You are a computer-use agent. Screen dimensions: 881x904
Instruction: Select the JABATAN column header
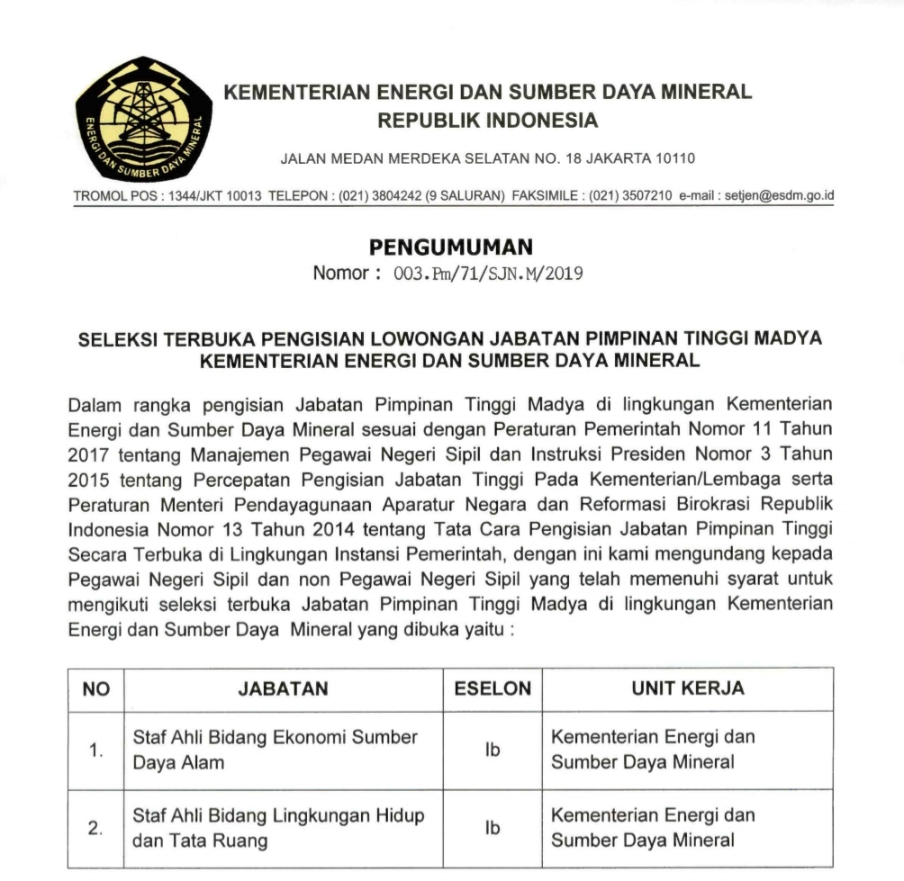(283, 689)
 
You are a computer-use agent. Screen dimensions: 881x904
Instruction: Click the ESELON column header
(492, 689)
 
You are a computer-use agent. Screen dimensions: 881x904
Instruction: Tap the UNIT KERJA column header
(687, 689)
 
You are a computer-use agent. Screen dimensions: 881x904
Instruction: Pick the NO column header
(95, 689)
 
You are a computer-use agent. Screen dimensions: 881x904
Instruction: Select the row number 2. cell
(95, 829)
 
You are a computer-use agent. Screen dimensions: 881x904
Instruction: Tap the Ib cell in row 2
(492, 829)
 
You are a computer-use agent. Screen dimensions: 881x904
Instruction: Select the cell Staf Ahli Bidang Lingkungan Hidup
(279, 829)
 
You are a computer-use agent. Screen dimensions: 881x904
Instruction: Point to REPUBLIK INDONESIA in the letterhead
(487, 120)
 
